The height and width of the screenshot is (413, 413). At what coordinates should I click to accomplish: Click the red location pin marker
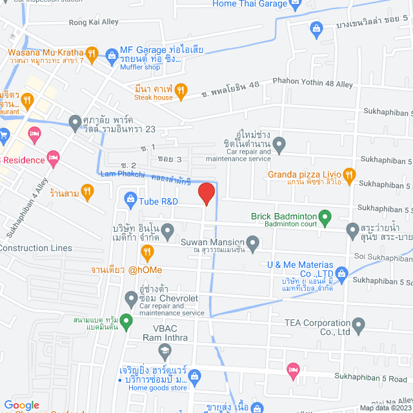coord(206,194)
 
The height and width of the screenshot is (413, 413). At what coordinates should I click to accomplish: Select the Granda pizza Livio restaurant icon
coord(349,174)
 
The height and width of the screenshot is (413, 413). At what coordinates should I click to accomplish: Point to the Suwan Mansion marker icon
coord(253,243)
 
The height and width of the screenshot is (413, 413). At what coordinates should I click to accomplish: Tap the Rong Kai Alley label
coord(94,22)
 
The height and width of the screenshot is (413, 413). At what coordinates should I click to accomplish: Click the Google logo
coord(22,405)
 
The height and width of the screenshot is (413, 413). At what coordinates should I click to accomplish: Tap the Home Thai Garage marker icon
coord(296,5)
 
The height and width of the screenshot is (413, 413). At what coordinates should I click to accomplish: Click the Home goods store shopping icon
coord(197,376)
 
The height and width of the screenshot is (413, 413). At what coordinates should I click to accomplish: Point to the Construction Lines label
coord(35,248)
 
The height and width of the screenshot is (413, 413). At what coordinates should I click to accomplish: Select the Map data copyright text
coord(385,407)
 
